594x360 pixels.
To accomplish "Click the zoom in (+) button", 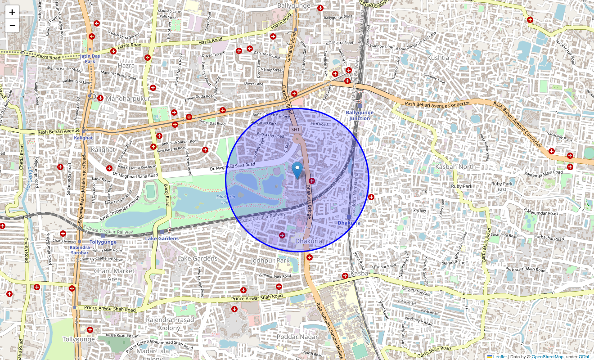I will tap(12, 12).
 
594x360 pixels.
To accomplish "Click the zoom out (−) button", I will tap(12, 26).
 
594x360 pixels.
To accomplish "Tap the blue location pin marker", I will tap(297, 171).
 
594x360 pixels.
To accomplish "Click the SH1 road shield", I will tap(295, 130).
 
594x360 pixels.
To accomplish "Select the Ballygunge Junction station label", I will tap(360, 115).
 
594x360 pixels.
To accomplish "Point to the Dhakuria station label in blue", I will tap(349, 223).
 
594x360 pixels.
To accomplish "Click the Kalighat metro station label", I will tap(83, 138).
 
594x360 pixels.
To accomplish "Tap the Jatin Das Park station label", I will tap(90, 58).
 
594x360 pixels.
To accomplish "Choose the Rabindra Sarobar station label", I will tap(79, 250).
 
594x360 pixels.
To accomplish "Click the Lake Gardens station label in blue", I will tap(162, 238).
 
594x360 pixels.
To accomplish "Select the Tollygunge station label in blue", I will tap(103, 242).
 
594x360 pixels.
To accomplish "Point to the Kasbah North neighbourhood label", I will tap(455, 166).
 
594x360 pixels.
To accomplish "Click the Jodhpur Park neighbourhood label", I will tap(270, 261).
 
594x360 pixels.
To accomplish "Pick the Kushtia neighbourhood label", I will tap(438, 58).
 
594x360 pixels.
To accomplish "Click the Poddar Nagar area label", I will tap(297, 337).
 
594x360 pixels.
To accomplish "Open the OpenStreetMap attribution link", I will tap(547, 357).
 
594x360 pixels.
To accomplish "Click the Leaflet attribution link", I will tap(499, 357).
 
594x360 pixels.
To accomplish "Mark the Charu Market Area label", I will tap(114, 275).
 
